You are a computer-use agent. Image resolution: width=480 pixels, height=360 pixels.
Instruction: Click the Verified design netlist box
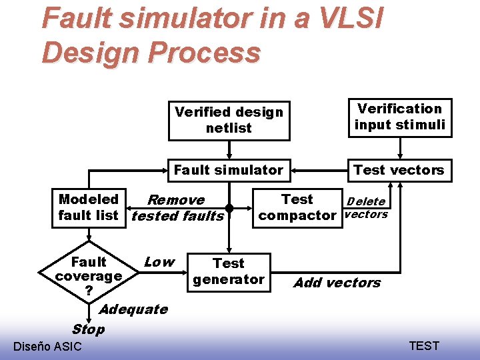pyautogui.click(x=229, y=120)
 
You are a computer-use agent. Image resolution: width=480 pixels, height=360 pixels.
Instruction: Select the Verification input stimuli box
pyautogui.click(x=399, y=117)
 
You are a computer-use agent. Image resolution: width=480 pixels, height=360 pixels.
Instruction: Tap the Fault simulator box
pyautogui.click(x=229, y=170)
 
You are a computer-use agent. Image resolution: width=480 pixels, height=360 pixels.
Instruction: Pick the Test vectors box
pyautogui.click(x=399, y=170)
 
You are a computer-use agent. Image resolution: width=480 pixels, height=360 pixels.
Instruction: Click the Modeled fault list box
pyautogui.click(x=88, y=207)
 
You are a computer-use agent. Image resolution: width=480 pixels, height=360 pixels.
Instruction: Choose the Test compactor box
pyautogui.click(x=297, y=207)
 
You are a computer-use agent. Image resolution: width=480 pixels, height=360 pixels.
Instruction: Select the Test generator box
pyautogui.click(x=229, y=272)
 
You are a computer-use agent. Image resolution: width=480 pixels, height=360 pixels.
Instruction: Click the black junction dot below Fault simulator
pyautogui.click(x=229, y=207)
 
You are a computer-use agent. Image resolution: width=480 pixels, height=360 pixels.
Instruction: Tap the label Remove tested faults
pyautogui.click(x=177, y=208)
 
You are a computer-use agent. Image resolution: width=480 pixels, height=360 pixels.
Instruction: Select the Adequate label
pyautogui.click(x=133, y=309)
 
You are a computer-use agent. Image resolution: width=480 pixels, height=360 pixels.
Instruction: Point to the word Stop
pyautogui.click(x=88, y=329)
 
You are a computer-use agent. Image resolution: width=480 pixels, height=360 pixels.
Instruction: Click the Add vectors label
pyautogui.click(x=337, y=283)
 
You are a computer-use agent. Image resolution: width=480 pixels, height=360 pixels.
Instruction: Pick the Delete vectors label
pyautogui.click(x=365, y=208)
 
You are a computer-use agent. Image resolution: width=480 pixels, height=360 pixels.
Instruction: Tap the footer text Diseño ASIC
pyautogui.click(x=47, y=346)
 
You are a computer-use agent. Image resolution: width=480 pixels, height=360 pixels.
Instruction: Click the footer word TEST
pyautogui.click(x=424, y=345)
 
